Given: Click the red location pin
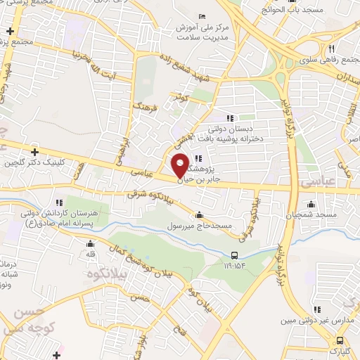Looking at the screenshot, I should click(x=180, y=165).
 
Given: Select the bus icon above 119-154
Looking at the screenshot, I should click(x=235, y=255).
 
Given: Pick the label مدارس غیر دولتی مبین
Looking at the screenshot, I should click(x=321, y=321).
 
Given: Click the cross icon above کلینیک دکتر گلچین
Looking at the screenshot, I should click(x=34, y=151).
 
